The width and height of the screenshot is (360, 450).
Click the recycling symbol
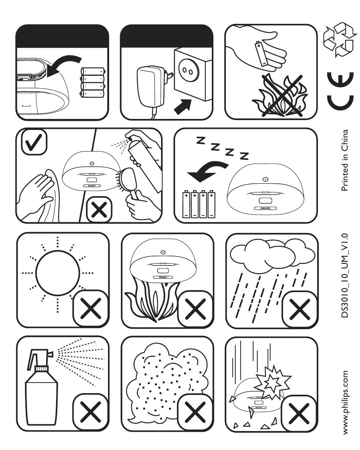(x=339, y=39)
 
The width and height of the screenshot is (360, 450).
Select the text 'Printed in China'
(x=344, y=160)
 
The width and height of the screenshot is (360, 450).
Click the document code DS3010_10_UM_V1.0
(x=344, y=275)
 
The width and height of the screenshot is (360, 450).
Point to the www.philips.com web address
(x=345, y=402)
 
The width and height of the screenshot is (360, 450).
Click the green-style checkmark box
(x=34, y=142)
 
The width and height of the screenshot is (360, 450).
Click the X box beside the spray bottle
(x=91, y=411)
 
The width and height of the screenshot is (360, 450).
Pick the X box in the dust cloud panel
(x=196, y=412)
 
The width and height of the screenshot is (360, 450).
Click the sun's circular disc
(x=58, y=273)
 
